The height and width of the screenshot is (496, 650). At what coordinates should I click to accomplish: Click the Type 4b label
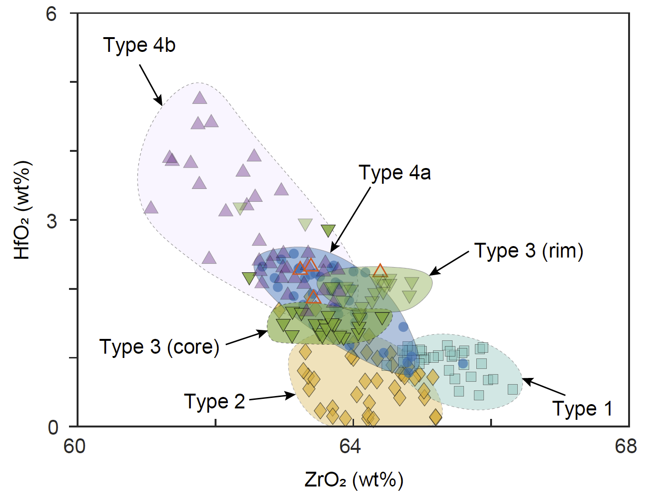(139, 45)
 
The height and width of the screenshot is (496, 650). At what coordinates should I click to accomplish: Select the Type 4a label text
(394, 173)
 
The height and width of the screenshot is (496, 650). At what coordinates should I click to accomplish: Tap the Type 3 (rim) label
(529, 251)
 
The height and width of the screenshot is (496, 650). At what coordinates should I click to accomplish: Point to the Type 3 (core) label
(159, 347)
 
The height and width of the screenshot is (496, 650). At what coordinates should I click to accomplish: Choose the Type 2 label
(214, 402)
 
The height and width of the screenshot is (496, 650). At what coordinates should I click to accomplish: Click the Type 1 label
(582, 408)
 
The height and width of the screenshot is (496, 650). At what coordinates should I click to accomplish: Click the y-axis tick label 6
(51, 14)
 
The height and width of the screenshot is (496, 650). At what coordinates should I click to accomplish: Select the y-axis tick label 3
(51, 221)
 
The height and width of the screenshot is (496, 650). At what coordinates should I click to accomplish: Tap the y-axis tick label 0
(53, 427)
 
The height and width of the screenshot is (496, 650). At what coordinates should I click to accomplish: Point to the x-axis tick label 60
(75, 446)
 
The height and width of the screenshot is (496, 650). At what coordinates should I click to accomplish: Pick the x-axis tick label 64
(351, 446)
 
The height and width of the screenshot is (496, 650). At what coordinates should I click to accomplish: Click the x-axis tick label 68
(626, 446)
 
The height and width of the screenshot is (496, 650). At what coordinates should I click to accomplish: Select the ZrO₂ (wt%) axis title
(354, 480)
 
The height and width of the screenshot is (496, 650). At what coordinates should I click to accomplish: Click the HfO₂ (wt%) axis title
(22, 210)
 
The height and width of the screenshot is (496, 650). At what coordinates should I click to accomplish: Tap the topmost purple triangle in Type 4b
(200, 98)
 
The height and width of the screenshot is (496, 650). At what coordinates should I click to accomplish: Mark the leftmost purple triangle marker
(151, 208)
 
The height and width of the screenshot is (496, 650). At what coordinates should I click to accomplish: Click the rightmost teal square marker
(512, 389)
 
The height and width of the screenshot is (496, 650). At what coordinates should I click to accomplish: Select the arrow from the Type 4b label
(151, 85)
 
